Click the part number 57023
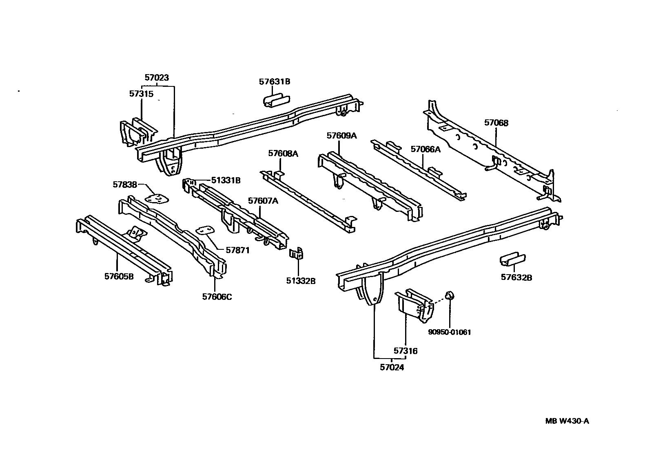coord(157,77)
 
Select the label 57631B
coord(274,81)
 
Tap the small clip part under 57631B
coord(275,101)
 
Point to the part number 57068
coord(496,123)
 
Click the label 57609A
coord(341,136)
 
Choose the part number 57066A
coord(426,149)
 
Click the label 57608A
coord(283,154)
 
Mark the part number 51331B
coord(226,180)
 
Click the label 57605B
coord(119,277)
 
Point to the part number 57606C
coord(217,297)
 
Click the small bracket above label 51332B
coord(297,254)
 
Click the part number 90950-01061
coord(449,332)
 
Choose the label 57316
coord(406,350)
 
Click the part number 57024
coord(392,367)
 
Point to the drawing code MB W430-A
coord(567,421)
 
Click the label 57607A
coord(263,200)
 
